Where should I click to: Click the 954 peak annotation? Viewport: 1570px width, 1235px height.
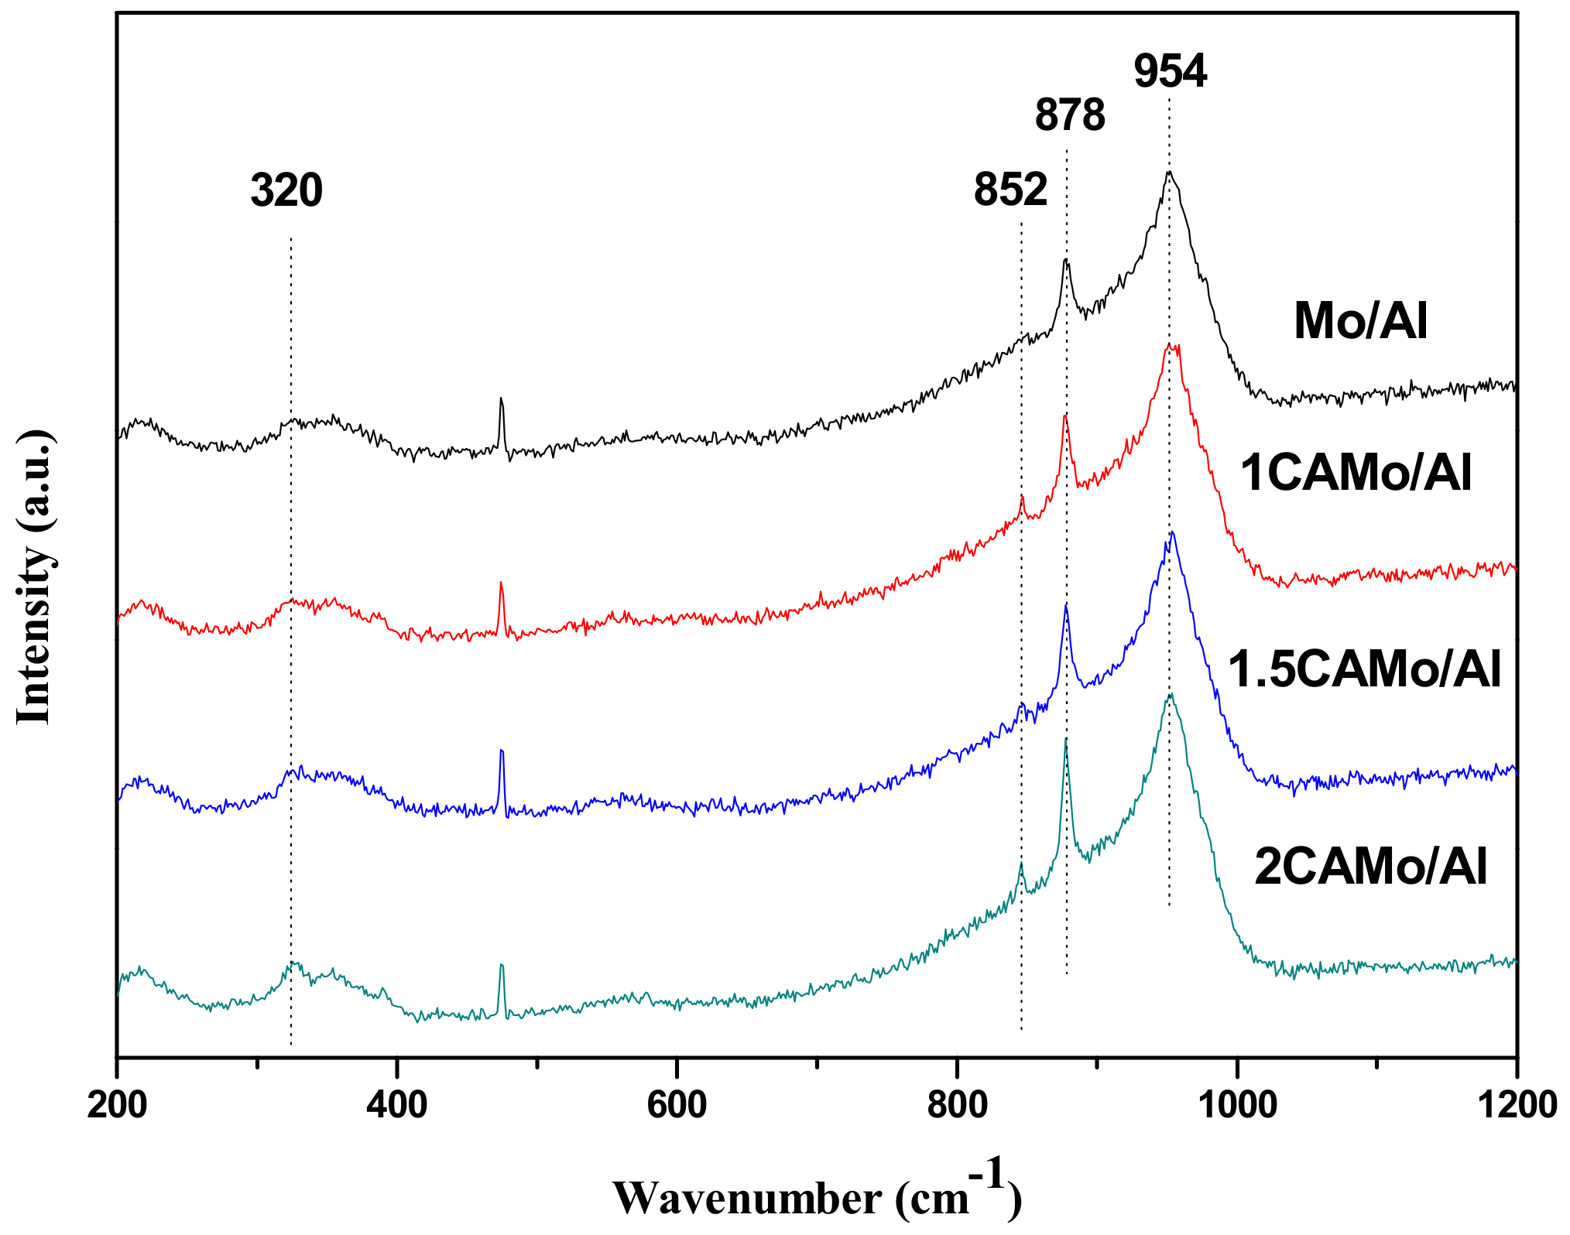pos(1170,72)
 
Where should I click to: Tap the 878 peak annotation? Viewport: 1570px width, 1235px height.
pos(1070,115)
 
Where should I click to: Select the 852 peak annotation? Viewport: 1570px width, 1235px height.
pos(1010,189)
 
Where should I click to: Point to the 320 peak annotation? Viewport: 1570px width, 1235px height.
pos(286,190)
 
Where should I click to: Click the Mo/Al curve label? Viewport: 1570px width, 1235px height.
pos(1360,321)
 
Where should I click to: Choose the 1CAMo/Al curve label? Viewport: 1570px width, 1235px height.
pos(1356,473)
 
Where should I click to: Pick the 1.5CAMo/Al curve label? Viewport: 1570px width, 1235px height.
pos(1364,669)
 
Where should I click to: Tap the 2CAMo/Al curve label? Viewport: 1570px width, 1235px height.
pos(1370,867)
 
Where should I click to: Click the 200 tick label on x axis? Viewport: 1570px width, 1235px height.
pos(117,1105)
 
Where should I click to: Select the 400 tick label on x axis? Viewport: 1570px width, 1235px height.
pos(396,1105)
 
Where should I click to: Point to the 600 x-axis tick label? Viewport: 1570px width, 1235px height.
pos(677,1105)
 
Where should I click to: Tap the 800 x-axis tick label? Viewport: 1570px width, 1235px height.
pos(958,1105)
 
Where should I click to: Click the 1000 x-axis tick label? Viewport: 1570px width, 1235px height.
pos(1238,1105)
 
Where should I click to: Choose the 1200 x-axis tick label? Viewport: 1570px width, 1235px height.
pos(1517,1105)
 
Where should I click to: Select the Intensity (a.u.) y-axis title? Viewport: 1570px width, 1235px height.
pos(34,576)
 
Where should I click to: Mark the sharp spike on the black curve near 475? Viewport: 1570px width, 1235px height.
pos(502,400)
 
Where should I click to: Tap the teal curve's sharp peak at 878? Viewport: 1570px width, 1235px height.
pos(1066,741)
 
